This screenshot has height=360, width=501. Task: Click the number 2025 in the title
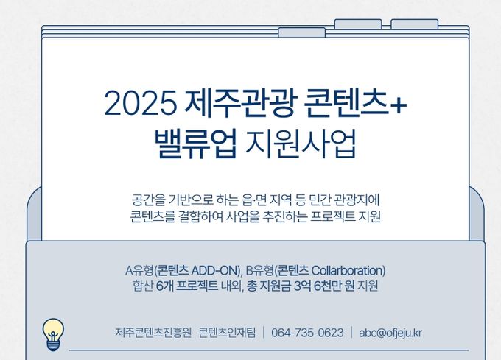pyautogui.click(x=140, y=103)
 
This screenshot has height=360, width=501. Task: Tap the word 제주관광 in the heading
pyautogui.click(x=239, y=102)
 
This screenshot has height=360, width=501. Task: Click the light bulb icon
pyautogui.click(x=53, y=334)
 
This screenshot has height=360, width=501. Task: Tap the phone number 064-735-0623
pyautogui.click(x=307, y=333)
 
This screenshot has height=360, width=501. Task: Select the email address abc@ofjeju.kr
pyautogui.click(x=390, y=333)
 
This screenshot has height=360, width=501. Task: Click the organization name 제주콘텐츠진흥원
pyautogui.click(x=153, y=333)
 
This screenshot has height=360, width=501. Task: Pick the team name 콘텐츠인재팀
pyautogui.click(x=227, y=333)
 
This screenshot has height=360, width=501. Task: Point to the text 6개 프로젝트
pyautogui.click(x=187, y=286)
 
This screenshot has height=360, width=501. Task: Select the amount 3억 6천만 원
pyautogui.click(x=324, y=286)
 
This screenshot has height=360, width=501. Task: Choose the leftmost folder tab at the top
pyautogui.click(x=301, y=32)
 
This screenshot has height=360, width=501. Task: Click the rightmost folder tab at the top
pyautogui.click(x=414, y=24)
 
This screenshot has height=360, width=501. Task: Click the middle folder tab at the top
pyautogui.click(x=358, y=24)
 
